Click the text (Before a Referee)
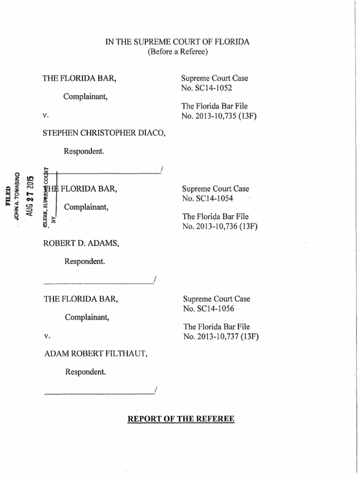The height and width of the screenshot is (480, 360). pyautogui.click(x=178, y=52)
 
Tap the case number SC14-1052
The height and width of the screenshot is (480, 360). pyautogui.click(x=210, y=87)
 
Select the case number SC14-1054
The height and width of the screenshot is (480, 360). pyautogui.click(x=211, y=198)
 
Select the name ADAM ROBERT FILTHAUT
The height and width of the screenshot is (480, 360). pyautogui.click(x=96, y=354)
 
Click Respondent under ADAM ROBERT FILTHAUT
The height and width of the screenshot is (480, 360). pyautogui.click(x=85, y=372)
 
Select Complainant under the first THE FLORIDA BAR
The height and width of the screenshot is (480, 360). pyautogui.click(x=85, y=97)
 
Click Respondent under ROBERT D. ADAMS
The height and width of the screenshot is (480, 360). pyautogui.click(x=85, y=262)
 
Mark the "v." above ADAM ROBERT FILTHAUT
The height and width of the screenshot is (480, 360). pyautogui.click(x=47, y=336)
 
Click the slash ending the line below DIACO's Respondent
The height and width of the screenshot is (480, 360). pyautogui.click(x=161, y=169)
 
